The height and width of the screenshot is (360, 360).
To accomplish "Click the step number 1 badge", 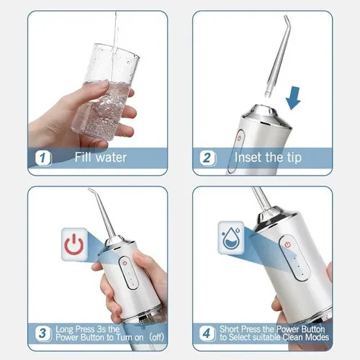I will click(43, 158).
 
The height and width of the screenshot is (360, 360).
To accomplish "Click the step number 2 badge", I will click(209, 158).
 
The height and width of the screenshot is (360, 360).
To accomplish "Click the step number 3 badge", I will click(43, 333).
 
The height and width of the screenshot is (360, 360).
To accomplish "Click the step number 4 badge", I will click(209, 333).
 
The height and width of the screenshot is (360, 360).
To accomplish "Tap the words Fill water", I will click(102, 158).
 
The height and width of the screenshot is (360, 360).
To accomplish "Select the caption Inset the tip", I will click(268, 158).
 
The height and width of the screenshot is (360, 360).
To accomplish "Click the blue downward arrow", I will click(292, 96).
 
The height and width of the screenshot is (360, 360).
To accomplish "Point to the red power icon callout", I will click(73, 245).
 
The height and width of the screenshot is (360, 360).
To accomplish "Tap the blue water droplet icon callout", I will click(231, 237).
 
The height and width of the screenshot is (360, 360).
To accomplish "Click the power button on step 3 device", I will click(123, 262).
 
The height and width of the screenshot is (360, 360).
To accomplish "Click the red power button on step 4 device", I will click(287, 245).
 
